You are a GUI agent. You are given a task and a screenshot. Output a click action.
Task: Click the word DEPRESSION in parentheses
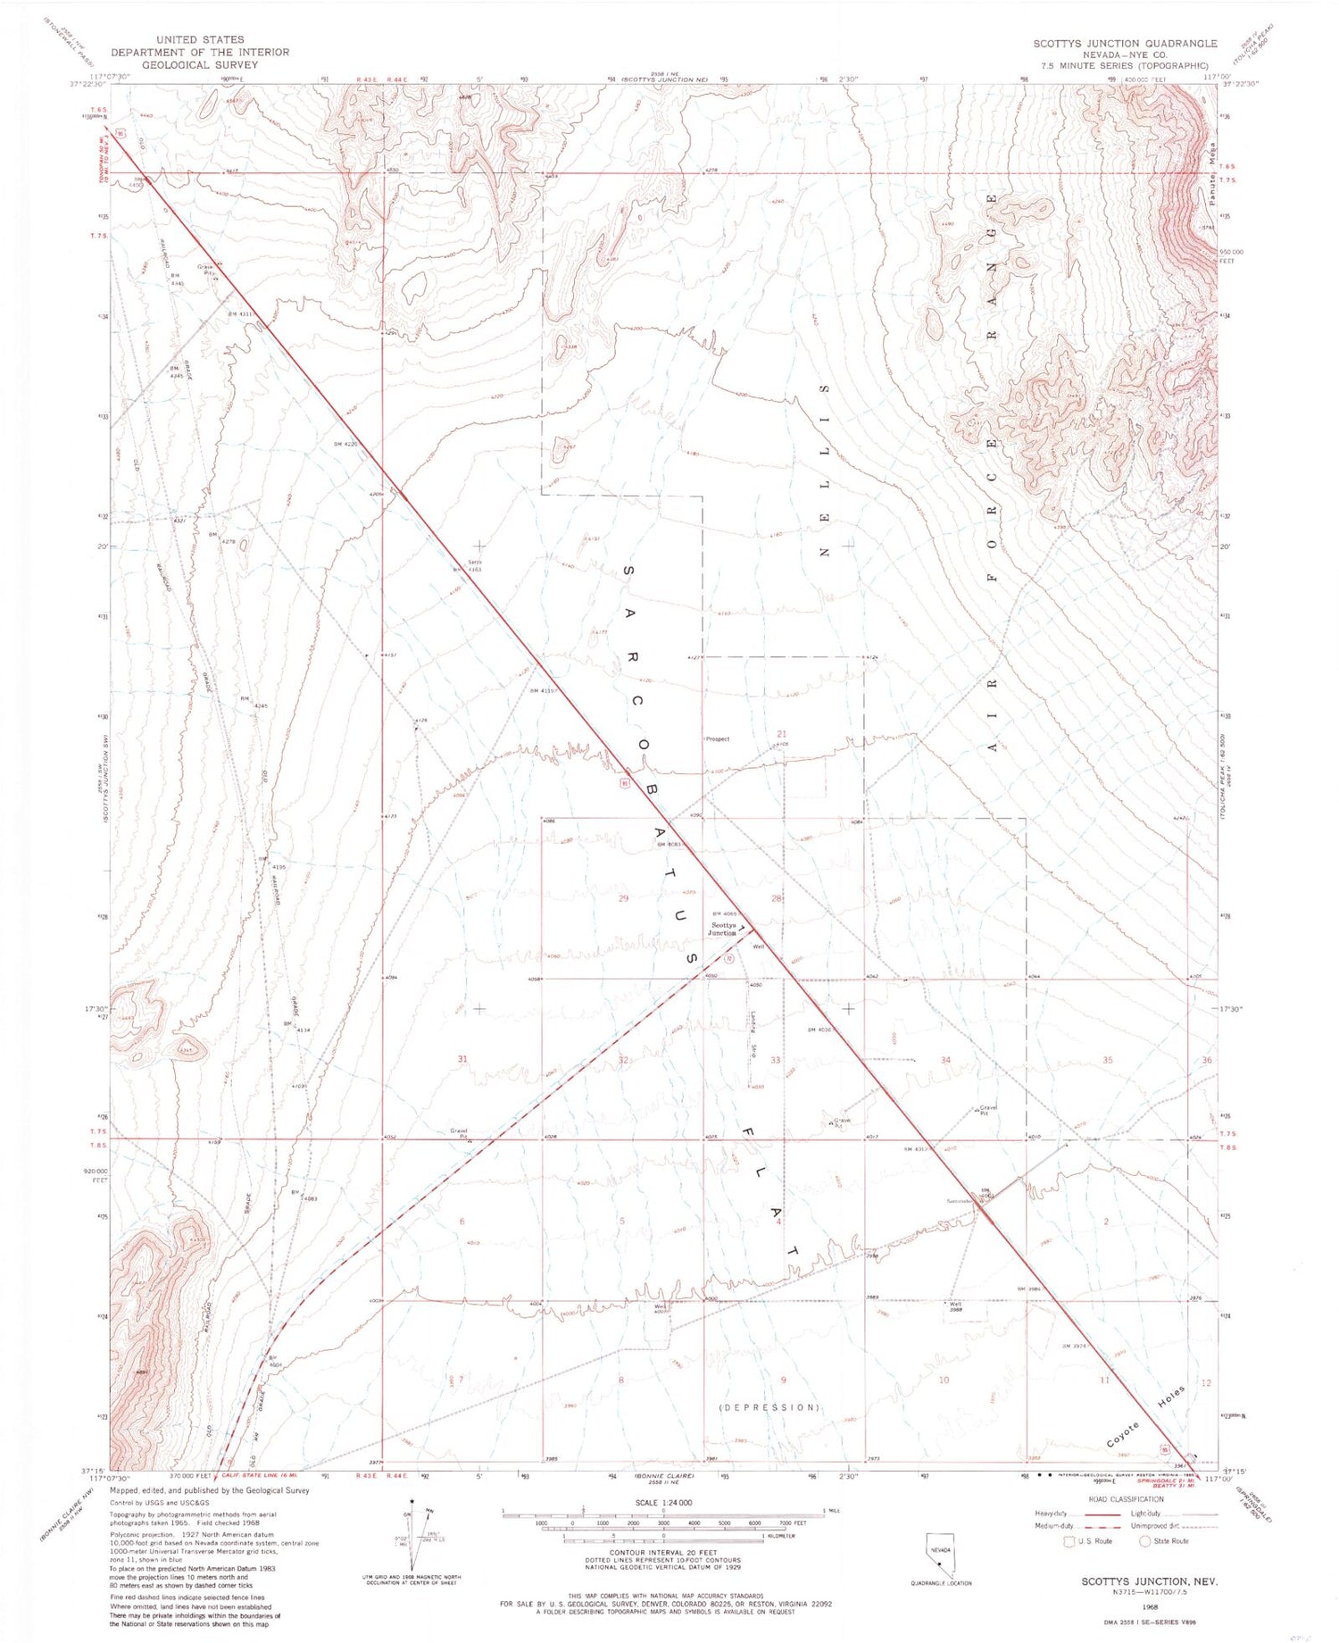(769, 1407)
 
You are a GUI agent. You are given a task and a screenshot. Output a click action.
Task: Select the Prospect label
(717, 738)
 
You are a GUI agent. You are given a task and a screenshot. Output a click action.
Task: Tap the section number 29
(623, 898)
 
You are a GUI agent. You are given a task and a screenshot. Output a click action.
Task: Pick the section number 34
(945, 1060)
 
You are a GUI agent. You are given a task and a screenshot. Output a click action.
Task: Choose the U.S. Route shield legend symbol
(1069, 1541)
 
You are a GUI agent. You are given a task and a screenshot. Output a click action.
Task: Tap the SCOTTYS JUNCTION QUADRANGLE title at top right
(1125, 44)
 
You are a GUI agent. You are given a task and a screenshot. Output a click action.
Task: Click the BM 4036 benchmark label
(819, 1030)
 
